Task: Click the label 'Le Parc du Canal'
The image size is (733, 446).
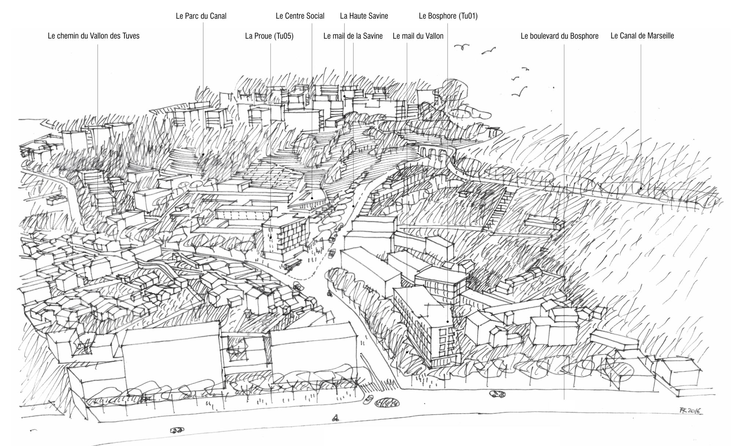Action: pyautogui.click(x=201, y=16)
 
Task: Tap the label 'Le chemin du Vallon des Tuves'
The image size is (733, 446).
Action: pyautogui.click(x=93, y=36)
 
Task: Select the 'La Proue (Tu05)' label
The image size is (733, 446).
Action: pyautogui.click(x=269, y=36)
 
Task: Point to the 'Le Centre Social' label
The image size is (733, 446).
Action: pyautogui.click(x=300, y=16)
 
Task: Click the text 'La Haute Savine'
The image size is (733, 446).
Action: pyautogui.click(x=364, y=16)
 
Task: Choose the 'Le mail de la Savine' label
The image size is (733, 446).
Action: pyautogui.click(x=353, y=36)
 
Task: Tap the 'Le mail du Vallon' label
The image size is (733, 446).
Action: pyautogui.click(x=417, y=36)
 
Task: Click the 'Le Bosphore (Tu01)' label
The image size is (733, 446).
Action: pyautogui.click(x=448, y=16)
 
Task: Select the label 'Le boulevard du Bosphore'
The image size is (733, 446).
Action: pyautogui.click(x=559, y=36)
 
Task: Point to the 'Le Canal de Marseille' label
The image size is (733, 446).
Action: pyautogui.click(x=642, y=36)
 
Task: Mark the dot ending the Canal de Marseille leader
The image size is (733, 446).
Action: pyautogui.click(x=641, y=189)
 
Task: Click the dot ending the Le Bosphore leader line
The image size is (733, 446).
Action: pyautogui.click(x=447, y=322)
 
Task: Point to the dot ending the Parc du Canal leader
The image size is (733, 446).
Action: pyautogui.click(x=203, y=154)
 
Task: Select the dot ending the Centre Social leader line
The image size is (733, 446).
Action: pyautogui.click(x=312, y=198)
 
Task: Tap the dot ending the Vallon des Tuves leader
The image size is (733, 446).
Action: pyautogui.click(x=97, y=232)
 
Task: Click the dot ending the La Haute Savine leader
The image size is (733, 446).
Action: pyautogui.click(x=345, y=96)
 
